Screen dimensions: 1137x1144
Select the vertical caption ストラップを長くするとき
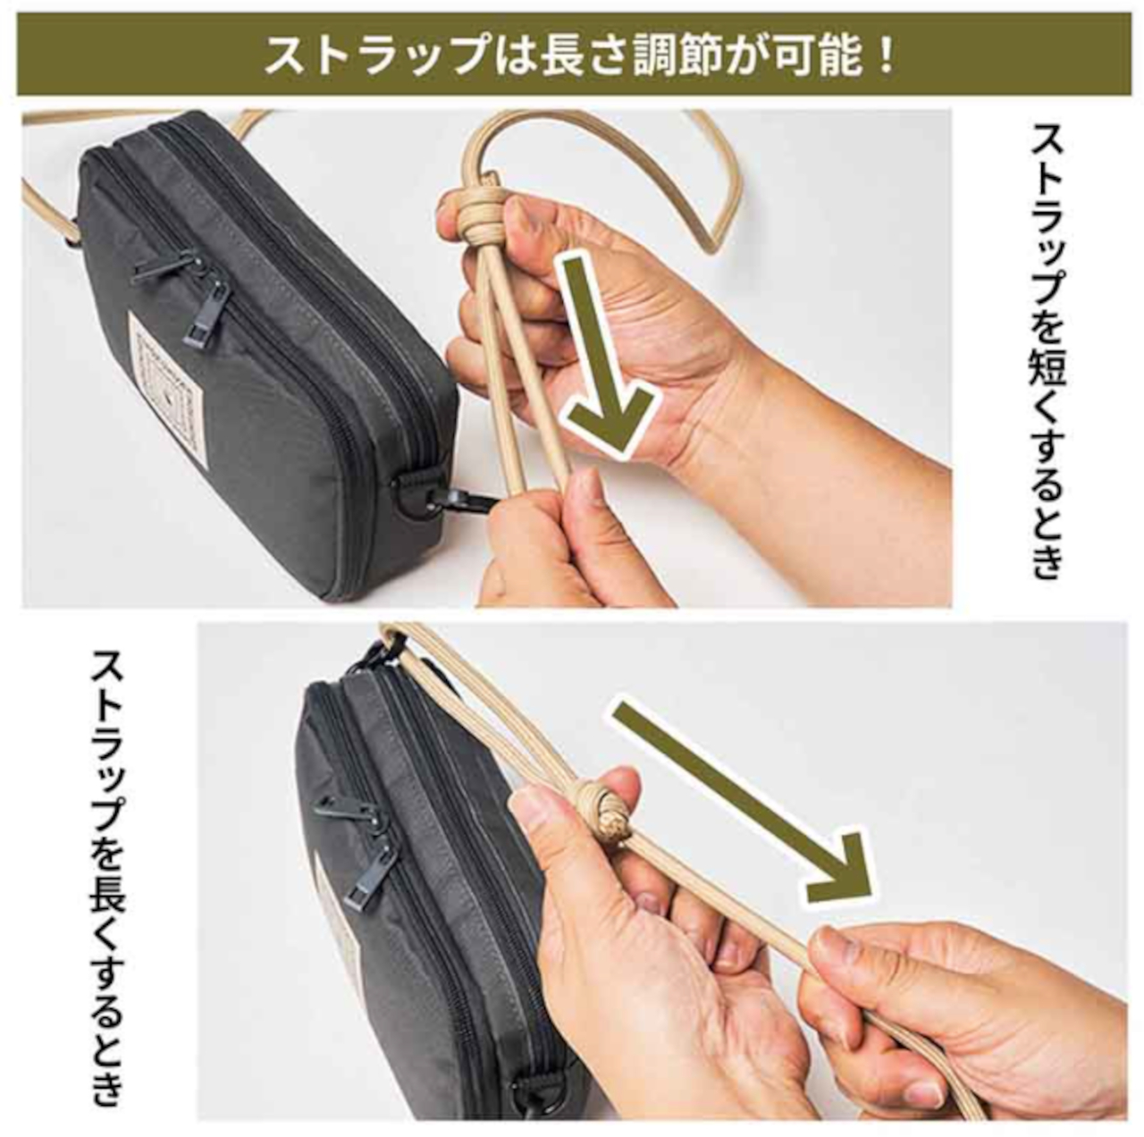click(x=106, y=876)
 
